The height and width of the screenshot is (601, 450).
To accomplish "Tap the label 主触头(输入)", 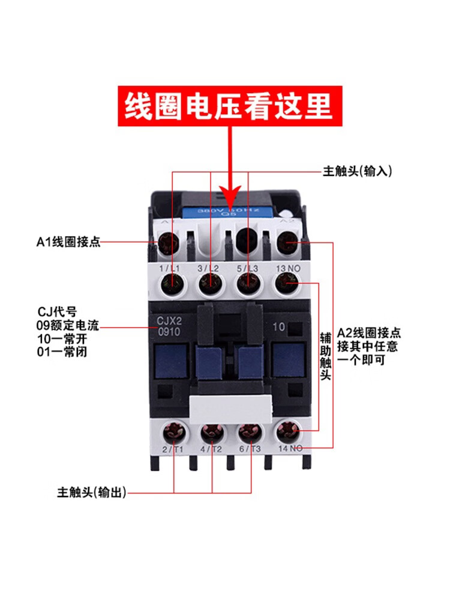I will tap(357, 171).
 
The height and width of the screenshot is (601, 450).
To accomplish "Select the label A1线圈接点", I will tap(67, 242).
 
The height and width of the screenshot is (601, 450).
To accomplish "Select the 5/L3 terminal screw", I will tap(247, 282).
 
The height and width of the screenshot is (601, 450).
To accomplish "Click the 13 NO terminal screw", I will tap(286, 282).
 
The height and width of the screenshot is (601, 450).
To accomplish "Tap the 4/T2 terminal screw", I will tap(211, 432).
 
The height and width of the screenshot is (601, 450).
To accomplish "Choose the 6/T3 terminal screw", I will tap(248, 432).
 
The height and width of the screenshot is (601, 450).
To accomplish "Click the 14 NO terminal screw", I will tap(287, 432).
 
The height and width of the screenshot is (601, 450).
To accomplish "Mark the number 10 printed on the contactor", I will tap(278, 328).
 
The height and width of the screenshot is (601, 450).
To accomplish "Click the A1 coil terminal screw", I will tap(169, 243).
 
